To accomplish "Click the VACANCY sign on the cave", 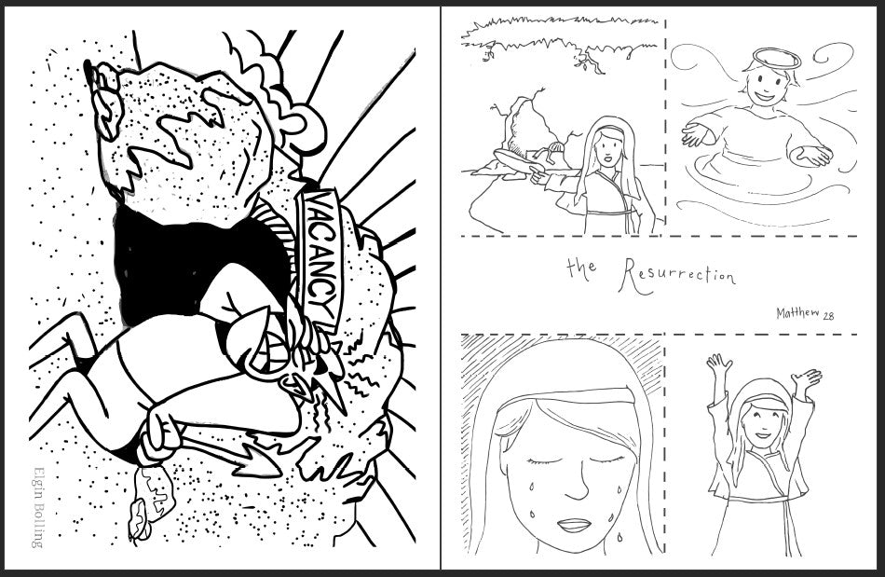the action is (x=319, y=260).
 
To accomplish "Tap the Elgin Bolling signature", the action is (x=38, y=507).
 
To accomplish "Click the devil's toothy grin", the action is (x=265, y=356).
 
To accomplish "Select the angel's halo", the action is (x=777, y=58).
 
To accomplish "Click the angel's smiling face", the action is (x=766, y=86).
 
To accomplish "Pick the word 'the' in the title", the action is (x=581, y=268).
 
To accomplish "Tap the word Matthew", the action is (x=797, y=313).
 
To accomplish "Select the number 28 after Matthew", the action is (x=828, y=317).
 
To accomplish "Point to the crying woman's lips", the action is (x=574, y=525).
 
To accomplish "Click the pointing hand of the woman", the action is (x=538, y=176).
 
